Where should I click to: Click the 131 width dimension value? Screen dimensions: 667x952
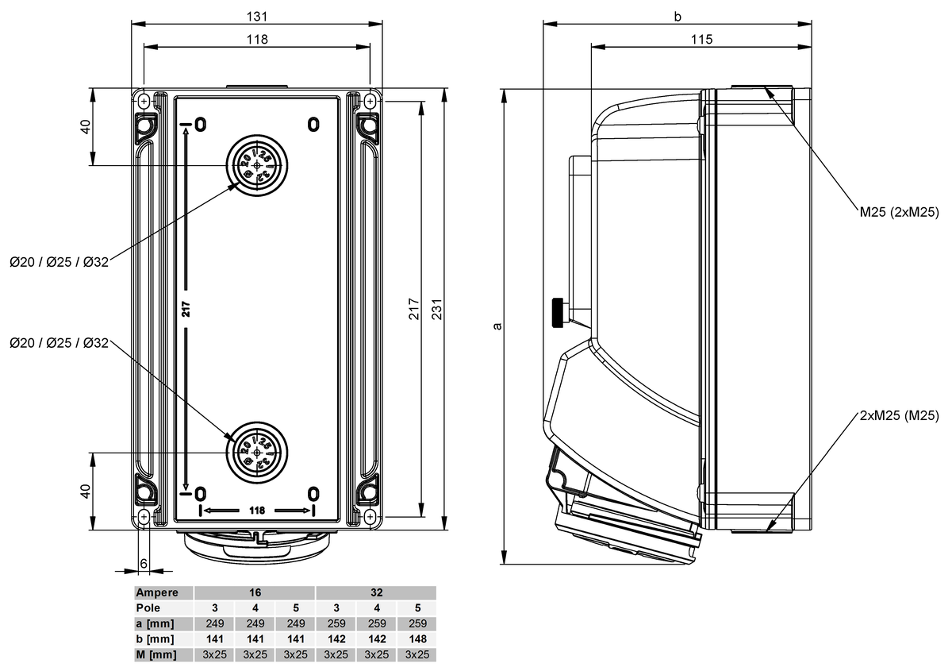[256, 16]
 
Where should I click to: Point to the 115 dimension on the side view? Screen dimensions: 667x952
[701, 39]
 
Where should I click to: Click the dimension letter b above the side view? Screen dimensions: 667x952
[677, 16]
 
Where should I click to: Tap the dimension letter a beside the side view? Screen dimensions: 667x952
[497, 326]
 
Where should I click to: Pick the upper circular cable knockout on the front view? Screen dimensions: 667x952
[257, 165]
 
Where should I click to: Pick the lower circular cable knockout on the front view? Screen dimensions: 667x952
[257, 452]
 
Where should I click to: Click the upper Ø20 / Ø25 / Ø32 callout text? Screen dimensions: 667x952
[59, 262]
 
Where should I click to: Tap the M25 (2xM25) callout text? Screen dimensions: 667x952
[899, 212]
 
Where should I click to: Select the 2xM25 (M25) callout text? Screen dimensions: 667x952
[899, 415]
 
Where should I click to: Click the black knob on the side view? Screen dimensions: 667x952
[559, 311]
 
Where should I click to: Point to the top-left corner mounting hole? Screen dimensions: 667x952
[143, 102]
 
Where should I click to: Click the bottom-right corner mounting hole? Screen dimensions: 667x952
[370, 518]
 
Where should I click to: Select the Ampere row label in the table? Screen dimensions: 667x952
[163, 592]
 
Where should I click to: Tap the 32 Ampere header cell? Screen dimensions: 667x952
[375, 592]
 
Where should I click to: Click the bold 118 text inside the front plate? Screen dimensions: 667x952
[257, 510]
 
